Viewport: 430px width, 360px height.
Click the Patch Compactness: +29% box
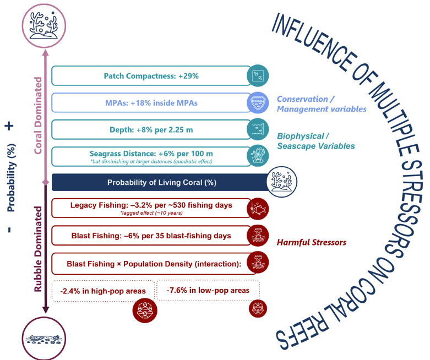(x=149, y=75)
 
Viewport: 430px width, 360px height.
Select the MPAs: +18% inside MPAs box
(x=149, y=102)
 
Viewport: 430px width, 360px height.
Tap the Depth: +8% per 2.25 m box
(x=149, y=129)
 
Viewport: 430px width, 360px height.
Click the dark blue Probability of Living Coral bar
(x=160, y=182)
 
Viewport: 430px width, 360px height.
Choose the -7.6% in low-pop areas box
(x=208, y=290)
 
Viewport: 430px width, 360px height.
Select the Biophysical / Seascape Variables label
(x=315, y=141)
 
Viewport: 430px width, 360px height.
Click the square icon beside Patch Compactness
(x=258, y=75)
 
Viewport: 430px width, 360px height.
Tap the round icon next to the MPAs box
(x=258, y=102)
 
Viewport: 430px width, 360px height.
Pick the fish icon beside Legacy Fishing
(x=258, y=208)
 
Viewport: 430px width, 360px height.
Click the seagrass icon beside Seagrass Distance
(x=258, y=156)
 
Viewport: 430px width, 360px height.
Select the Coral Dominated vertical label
(x=38, y=113)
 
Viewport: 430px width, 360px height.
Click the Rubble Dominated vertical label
(x=38, y=249)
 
